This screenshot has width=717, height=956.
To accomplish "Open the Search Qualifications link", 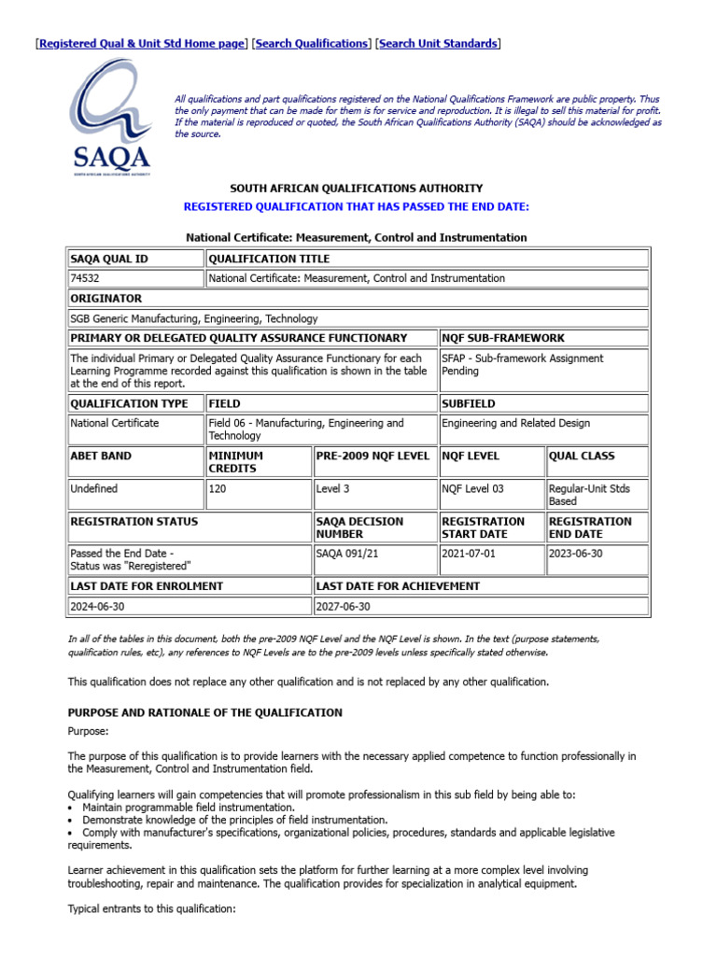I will pos(312,44).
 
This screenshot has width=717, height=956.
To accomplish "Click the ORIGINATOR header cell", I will pos(106,299).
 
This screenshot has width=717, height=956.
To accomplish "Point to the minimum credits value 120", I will pos(218,488).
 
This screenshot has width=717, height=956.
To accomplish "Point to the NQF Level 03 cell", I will pos(472,488).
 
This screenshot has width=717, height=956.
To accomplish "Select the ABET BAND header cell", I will pos(102,457).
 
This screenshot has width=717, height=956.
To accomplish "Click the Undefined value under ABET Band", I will pos(94,488).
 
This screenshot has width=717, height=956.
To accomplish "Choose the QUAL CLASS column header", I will pos(582,457).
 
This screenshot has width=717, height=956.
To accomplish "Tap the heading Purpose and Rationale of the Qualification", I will pos(205,712).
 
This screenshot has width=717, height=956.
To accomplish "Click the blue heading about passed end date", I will pos(357,206).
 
